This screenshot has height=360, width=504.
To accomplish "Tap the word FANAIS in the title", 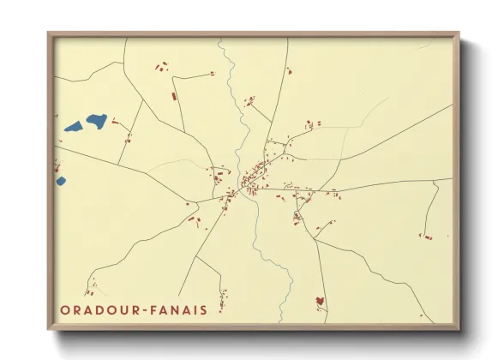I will click(178, 309).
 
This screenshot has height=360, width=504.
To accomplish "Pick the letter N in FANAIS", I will click(177, 309).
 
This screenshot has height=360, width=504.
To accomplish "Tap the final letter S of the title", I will click(202, 309).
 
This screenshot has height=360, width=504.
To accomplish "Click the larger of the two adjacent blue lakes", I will click(96, 121).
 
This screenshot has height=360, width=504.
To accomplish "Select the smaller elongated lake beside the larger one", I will click(73, 129).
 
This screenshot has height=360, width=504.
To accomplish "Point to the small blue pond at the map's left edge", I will click(61, 181).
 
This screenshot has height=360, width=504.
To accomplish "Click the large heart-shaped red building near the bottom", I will click(320, 301).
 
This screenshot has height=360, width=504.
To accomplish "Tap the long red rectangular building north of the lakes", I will click(173, 96).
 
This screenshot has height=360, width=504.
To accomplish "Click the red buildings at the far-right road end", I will click(425, 236).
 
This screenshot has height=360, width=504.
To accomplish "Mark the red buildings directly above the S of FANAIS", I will click(223, 297).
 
